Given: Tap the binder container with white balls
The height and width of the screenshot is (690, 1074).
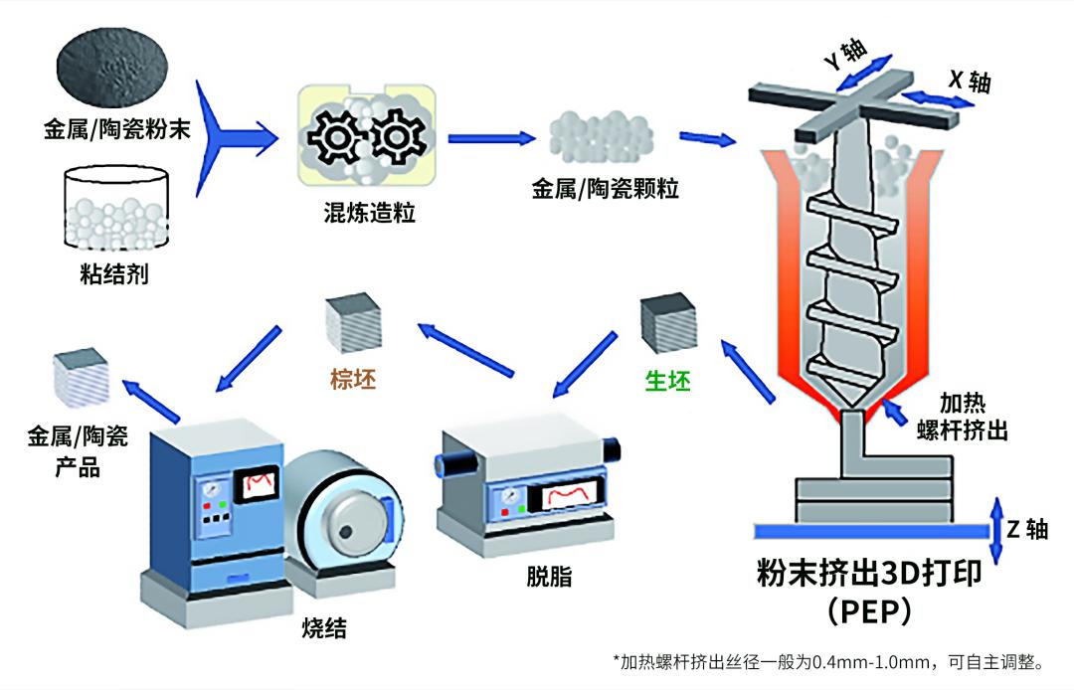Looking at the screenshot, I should pyautogui.click(x=115, y=208).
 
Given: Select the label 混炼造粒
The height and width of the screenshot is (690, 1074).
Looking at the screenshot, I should pyautogui.click(x=366, y=213).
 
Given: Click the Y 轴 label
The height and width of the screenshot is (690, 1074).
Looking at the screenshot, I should pyautogui.click(x=844, y=55).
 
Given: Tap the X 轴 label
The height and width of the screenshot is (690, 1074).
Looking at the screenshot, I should pyautogui.click(x=968, y=81).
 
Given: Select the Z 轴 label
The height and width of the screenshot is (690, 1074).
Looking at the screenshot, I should pyautogui.click(x=1026, y=529).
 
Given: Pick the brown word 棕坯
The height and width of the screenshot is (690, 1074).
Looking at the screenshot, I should pyautogui.click(x=353, y=380).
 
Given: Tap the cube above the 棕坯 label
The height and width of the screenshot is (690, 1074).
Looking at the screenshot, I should pyautogui.click(x=352, y=320).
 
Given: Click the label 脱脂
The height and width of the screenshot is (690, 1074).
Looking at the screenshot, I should pyautogui.click(x=549, y=577).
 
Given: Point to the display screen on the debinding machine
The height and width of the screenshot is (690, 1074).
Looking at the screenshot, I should pyautogui.click(x=565, y=494).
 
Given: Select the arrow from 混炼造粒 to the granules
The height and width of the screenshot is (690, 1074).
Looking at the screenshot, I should pyautogui.click(x=488, y=138).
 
